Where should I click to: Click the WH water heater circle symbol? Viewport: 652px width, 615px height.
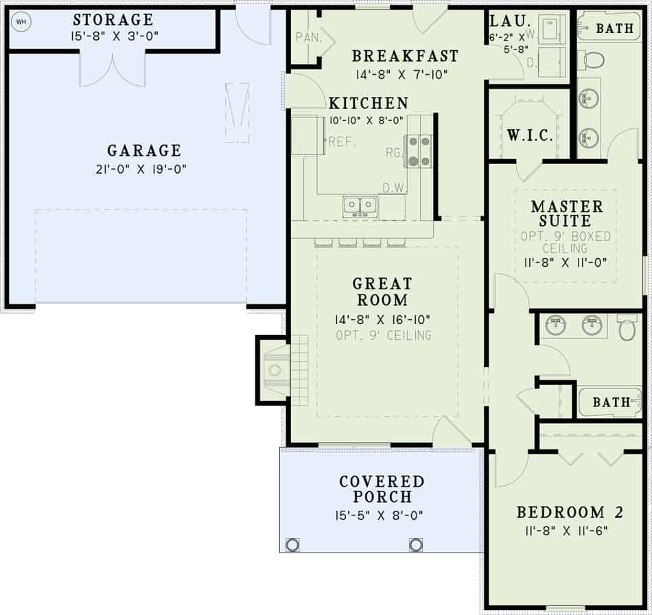21,21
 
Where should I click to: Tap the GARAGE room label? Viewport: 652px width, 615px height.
144,150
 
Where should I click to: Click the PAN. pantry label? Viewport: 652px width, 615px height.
309,38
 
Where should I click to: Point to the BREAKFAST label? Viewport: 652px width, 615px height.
405,56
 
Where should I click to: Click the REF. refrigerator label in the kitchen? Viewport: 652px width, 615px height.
340,142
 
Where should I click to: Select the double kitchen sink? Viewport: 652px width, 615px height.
360,206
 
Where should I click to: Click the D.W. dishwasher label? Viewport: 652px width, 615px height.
396,187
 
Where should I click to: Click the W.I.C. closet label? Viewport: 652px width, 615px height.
530,135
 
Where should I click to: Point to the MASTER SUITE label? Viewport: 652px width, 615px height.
567,213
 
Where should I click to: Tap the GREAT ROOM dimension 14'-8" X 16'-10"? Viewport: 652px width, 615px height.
382,319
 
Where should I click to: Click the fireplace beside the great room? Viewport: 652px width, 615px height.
276,371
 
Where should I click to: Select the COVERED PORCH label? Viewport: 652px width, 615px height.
382,489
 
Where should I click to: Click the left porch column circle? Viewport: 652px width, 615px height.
292,545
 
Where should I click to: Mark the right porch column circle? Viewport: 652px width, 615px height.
415,545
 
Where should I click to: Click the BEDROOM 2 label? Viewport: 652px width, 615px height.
561,512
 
